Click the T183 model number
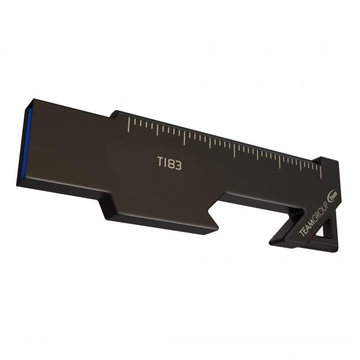(169, 164)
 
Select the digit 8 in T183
(171, 164)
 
